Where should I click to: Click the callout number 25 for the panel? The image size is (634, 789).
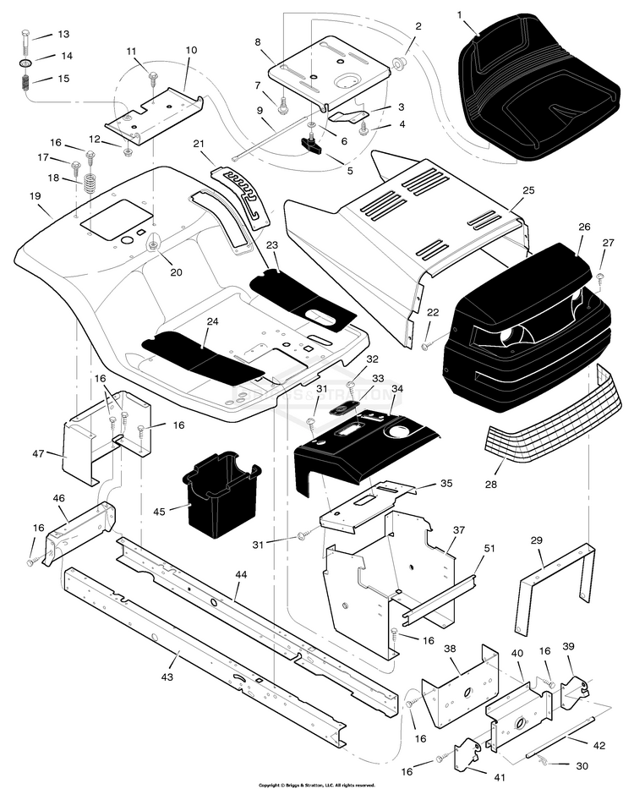(x=529, y=191)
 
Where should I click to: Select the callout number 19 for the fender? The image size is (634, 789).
(x=35, y=196)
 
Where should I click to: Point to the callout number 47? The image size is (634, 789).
(x=37, y=454)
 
